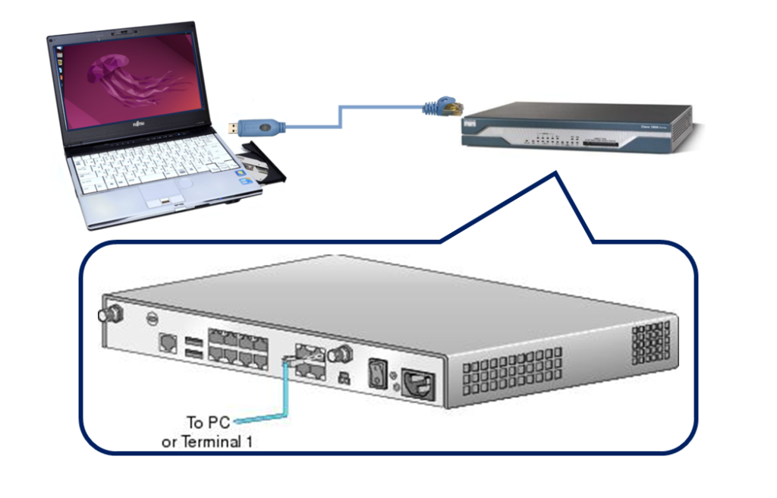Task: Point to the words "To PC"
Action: point(207,422)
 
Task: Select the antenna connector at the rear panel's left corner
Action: point(102,315)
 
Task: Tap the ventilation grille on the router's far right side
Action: point(652,342)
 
